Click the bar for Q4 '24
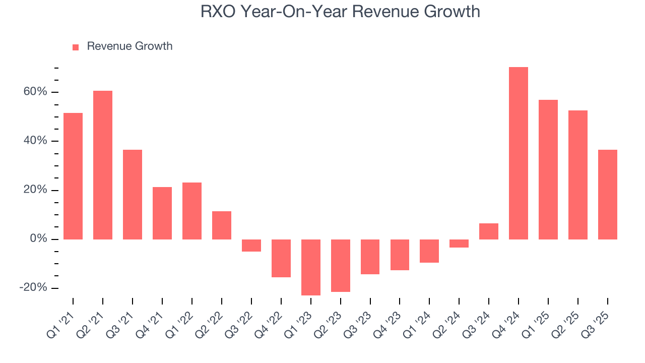pos(518,153)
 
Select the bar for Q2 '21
pos(103,165)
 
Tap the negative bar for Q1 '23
pos(311,267)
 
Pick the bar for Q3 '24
pos(489,231)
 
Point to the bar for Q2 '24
pos(459,244)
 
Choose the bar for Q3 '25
pos(607,195)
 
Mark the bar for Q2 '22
pos(222,225)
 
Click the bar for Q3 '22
pos(251,246)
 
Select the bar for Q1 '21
pos(73,176)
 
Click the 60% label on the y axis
pos(35,92)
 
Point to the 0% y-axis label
pos(38,239)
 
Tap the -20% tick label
pos(33,287)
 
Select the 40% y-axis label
pos(35,141)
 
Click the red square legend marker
pos(76,47)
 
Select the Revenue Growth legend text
pos(130,46)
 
